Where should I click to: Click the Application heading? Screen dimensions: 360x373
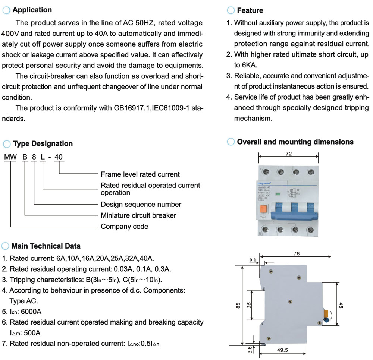(x=32, y=10)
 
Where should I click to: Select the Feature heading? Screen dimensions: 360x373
(x=250, y=10)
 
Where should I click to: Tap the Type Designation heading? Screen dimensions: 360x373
(x=43, y=143)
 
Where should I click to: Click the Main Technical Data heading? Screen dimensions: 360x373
(x=46, y=246)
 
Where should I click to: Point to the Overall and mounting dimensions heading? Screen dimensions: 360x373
(x=295, y=142)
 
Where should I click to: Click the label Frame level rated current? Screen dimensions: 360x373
(x=140, y=174)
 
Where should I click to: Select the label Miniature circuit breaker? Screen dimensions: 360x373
(x=138, y=215)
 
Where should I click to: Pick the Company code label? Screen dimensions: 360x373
(x=124, y=227)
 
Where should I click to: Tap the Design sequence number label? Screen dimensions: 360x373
(x=141, y=205)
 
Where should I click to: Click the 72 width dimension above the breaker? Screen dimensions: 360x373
(x=289, y=154)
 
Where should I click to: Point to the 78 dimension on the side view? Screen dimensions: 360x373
(x=296, y=253)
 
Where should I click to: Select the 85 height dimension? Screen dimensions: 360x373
(x=238, y=306)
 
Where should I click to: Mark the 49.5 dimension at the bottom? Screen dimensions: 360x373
(x=283, y=350)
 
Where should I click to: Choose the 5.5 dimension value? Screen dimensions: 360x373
(x=253, y=259)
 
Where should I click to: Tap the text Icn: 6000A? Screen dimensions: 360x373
(x=22, y=312)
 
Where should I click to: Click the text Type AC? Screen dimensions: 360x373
(x=23, y=301)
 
